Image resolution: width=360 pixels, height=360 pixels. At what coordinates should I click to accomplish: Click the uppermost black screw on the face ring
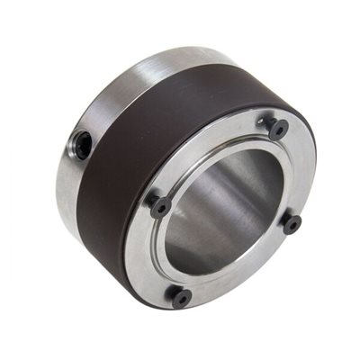(278, 128)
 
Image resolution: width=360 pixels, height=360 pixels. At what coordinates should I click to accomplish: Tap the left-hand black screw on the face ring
(161, 206)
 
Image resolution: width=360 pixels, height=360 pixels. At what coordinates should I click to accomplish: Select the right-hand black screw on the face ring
(292, 223)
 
